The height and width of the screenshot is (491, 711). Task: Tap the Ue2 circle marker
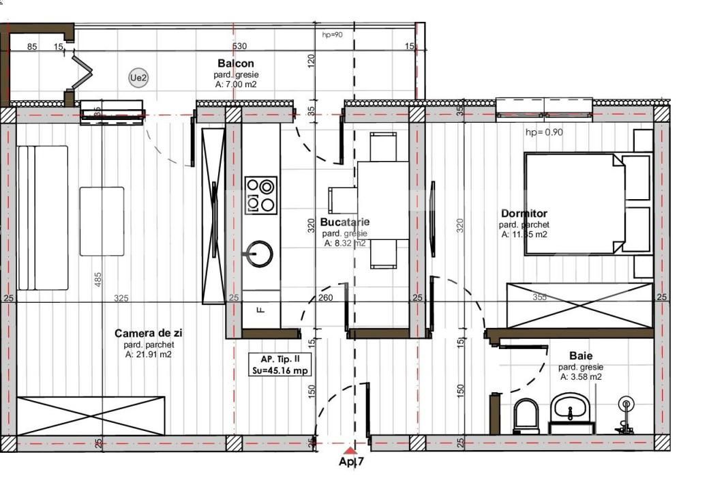(138, 78)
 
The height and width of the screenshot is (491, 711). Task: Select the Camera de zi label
(148, 333)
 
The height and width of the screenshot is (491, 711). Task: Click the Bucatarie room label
(344, 222)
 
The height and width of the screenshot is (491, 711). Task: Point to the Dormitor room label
(524, 213)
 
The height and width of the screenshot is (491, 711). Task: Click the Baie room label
(581, 356)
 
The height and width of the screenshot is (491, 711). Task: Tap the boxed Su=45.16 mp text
(281, 371)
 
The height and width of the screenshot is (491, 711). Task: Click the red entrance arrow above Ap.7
(349, 450)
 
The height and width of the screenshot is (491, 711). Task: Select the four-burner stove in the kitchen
(261, 195)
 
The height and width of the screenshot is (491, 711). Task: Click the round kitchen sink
(260, 254)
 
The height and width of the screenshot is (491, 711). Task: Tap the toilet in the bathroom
(526, 416)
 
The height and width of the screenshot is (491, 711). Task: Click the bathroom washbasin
(572, 409)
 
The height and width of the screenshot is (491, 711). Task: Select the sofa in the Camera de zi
(42, 217)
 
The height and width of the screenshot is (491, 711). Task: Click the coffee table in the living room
(102, 221)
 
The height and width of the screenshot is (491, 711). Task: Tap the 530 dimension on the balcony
(239, 46)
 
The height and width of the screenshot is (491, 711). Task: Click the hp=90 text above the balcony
(333, 34)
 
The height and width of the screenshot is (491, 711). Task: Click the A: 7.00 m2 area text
(236, 85)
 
